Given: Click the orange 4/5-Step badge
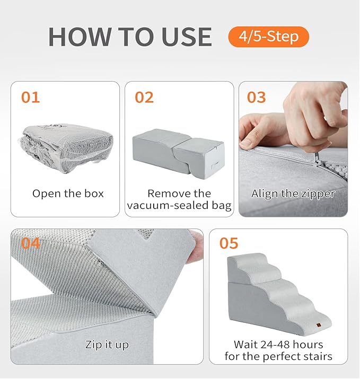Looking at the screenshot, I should [268, 37].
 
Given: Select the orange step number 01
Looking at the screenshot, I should [30, 98].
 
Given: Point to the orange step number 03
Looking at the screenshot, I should [257, 98].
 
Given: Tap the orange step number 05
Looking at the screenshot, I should [229, 243].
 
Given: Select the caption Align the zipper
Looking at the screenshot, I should [293, 193].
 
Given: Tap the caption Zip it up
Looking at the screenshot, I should [107, 345].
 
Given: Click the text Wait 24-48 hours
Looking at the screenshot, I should [278, 345].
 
